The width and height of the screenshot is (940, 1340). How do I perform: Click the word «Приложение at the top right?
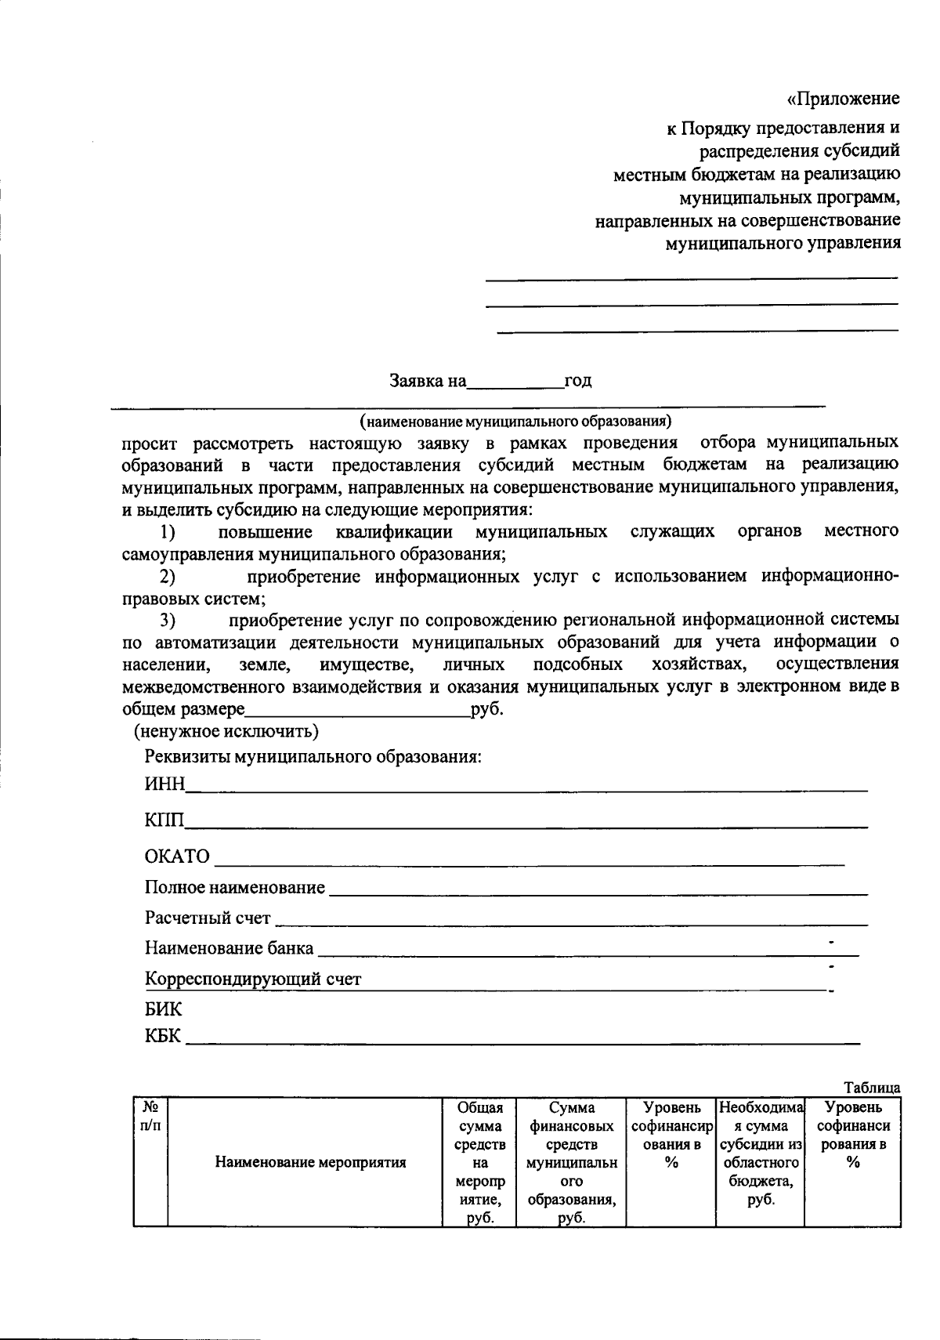point(843,100)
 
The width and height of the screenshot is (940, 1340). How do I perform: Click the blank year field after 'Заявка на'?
point(515,382)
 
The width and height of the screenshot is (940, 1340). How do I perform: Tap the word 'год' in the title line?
point(578,382)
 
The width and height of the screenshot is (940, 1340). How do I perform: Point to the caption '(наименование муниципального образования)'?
point(515,422)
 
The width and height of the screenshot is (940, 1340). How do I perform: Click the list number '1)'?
point(167,533)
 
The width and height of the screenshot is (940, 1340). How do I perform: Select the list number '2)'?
point(167,578)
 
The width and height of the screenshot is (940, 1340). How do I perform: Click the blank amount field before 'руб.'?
point(357,711)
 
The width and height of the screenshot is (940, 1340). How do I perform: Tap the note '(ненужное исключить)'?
point(226,732)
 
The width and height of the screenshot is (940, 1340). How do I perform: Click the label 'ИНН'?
point(164,785)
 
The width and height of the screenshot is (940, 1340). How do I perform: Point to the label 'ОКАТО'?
point(178,857)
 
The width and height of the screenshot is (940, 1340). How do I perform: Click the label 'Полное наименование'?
point(234,888)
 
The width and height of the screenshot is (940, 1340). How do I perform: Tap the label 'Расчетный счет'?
point(208,918)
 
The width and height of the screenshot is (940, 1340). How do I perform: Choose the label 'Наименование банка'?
point(229,949)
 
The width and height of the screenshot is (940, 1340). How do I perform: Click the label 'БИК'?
point(163,1009)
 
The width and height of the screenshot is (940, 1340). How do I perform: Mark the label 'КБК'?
point(163,1037)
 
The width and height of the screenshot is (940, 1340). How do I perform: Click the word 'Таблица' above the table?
point(872,1088)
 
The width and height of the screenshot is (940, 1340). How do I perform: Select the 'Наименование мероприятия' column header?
point(310,1162)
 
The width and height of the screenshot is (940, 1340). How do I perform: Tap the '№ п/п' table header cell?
point(150,1116)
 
